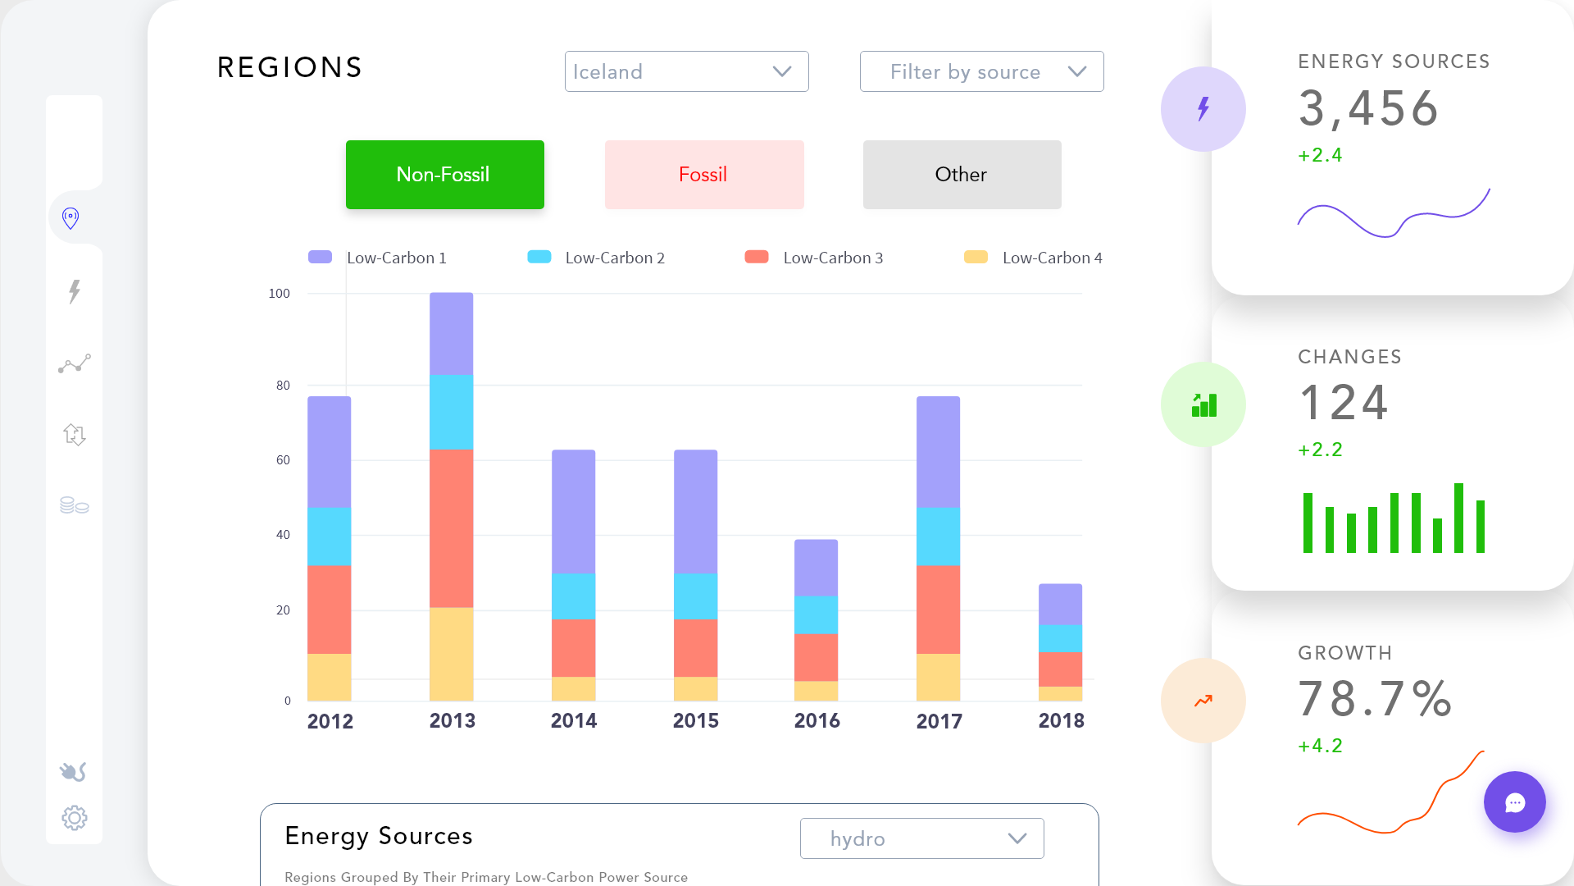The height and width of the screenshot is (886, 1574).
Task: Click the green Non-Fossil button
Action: (x=444, y=175)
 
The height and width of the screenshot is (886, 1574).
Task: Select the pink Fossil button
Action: (x=703, y=175)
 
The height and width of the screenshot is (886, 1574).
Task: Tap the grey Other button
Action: (x=962, y=175)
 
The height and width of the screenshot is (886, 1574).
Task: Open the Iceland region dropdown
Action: (x=686, y=71)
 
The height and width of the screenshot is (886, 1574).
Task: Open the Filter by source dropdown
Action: (x=981, y=71)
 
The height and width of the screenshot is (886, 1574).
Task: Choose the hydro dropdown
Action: (x=921, y=838)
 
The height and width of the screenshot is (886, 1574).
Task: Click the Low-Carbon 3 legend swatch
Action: (x=756, y=257)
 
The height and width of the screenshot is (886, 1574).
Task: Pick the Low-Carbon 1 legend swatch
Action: (x=320, y=257)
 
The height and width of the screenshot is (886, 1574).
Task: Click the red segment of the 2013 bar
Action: (x=452, y=527)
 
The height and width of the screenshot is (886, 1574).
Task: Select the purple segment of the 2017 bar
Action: (x=938, y=451)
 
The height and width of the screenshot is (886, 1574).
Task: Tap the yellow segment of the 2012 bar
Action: (x=330, y=677)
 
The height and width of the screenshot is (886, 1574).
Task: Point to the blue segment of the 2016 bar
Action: (x=817, y=614)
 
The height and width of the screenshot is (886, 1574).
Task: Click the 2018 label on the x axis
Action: (x=1061, y=720)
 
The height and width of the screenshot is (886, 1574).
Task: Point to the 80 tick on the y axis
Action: (x=283, y=386)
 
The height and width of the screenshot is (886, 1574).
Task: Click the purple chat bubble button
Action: (x=1514, y=802)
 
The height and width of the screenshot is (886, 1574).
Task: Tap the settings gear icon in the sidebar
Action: (x=75, y=818)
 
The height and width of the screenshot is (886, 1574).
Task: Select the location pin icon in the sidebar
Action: (x=71, y=218)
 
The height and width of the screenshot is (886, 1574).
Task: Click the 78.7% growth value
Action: (x=1375, y=699)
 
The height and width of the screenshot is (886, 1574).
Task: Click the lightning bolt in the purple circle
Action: (x=1203, y=108)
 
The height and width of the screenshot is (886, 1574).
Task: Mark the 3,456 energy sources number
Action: (x=1368, y=108)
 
